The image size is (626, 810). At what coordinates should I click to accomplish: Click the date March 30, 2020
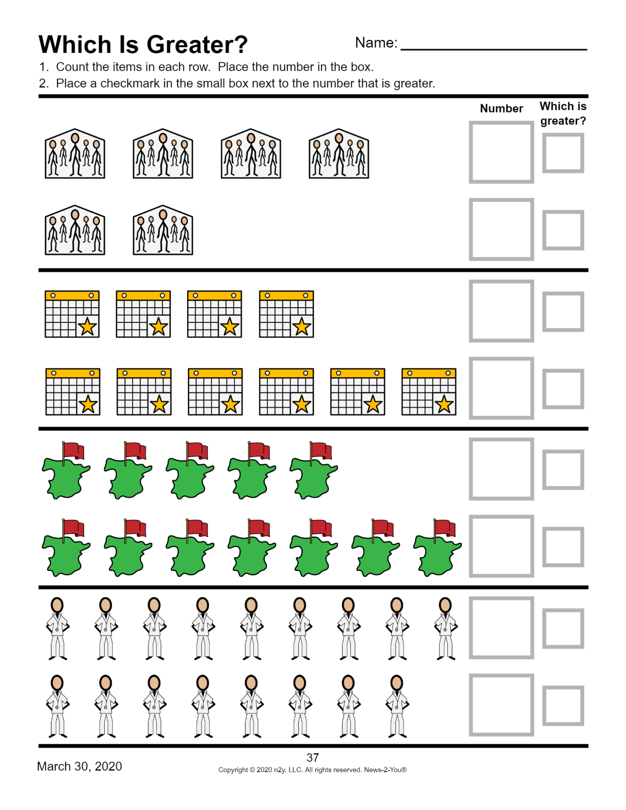79,767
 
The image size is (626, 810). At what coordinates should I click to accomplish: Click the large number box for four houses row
501,152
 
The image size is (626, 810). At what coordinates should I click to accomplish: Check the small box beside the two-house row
563,230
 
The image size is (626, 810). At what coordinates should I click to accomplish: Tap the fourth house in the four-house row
339,154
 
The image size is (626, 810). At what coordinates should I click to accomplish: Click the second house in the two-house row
163,230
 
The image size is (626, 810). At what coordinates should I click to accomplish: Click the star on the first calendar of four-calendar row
88,327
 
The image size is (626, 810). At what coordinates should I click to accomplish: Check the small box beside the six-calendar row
563,389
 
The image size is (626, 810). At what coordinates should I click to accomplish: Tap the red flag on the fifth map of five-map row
321,451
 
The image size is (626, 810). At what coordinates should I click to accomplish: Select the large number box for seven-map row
501,546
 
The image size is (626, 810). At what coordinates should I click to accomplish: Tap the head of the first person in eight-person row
57,682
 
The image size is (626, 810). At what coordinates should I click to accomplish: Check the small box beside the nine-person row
563,628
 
